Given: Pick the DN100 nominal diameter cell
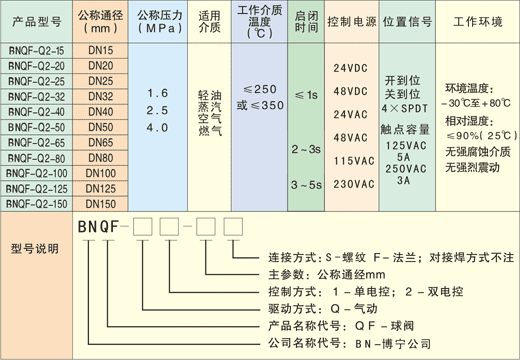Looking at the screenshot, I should tap(100, 172).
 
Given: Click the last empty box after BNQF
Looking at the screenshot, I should tap(233, 227).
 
